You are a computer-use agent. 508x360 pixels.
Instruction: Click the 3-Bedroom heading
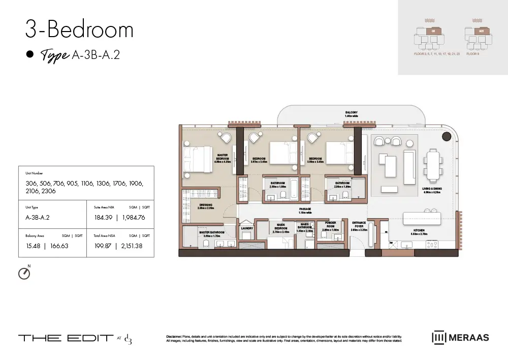click(79, 30)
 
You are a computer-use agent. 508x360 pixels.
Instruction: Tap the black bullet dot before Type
click(29, 54)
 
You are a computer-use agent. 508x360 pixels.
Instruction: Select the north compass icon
click(24, 273)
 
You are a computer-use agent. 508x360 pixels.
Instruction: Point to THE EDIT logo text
click(66, 338)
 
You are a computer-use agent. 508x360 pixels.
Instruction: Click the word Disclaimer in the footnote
click(176, 337)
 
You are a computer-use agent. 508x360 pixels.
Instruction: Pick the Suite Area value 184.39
click(103, 217)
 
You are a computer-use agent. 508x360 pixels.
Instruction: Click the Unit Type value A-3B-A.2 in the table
click(37, 217)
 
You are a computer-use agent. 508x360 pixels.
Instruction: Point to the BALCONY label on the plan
click(351, 113)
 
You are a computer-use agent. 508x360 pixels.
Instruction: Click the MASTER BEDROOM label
click(223, 157)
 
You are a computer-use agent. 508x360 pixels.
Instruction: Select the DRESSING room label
click(206, 206)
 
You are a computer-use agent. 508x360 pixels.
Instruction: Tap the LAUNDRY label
click(247, 228)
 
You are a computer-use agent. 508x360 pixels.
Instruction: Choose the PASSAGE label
click(305, 209)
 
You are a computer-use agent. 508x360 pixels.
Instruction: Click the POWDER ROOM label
click(330, 224)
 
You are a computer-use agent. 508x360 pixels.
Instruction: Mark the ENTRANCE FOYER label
click(359, 224)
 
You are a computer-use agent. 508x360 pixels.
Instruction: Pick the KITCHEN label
click(419, 230)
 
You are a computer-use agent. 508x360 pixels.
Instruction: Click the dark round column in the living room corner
click(447, 136)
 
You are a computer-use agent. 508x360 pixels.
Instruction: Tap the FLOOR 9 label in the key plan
click(473, 53)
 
